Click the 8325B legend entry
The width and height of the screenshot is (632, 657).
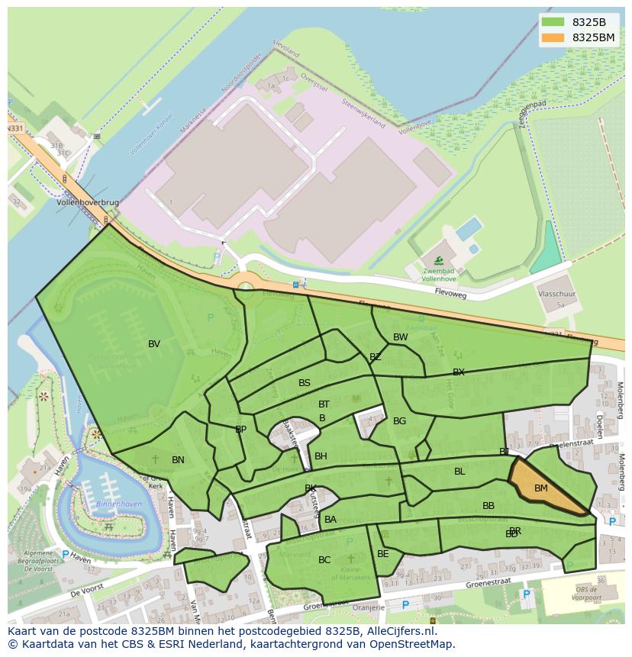[576, 22]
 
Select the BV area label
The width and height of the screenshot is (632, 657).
[154, 344]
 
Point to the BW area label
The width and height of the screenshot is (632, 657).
[400, 337]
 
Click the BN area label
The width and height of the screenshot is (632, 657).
[178, 460]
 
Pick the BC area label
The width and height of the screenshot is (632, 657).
[324, 560]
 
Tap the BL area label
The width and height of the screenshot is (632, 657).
[459, 472]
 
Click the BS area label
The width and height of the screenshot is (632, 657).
[305, 383]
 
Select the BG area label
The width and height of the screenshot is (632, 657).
[399, 421]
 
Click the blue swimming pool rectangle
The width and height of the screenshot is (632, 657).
[468, 228]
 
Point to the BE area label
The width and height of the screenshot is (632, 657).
[383, 554]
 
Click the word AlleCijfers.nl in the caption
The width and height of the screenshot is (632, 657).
[399, 632]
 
